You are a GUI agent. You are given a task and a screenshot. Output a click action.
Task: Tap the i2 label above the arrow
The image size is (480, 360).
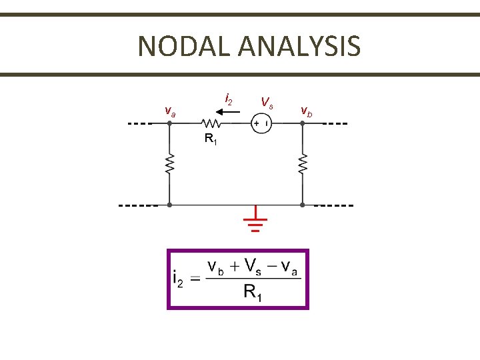tap(229, 100)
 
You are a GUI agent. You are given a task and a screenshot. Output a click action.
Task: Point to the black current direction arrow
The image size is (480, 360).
tap(229, 112)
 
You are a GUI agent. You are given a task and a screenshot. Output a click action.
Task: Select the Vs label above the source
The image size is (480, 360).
tap(267, 103)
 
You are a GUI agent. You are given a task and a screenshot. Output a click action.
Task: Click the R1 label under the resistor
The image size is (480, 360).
tap(210, 139)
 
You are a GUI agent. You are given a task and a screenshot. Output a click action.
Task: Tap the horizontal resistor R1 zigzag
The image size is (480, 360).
tap(212, 123)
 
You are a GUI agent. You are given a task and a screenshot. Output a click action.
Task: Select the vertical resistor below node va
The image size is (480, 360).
tap(170, 164)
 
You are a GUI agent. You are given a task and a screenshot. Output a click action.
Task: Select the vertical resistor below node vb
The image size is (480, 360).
tap(302, 164)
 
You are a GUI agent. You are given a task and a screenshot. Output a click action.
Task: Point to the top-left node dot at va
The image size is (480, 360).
tap(170, 123)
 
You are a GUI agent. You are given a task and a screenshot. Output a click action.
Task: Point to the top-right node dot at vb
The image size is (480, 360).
tap(302, 123)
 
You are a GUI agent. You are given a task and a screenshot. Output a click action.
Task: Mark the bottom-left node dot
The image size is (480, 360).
tap(170, 205)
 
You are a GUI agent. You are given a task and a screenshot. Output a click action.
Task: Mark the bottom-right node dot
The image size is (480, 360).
tap(302, 205)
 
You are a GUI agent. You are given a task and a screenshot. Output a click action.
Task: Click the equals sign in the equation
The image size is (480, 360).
tap(195, 279)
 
